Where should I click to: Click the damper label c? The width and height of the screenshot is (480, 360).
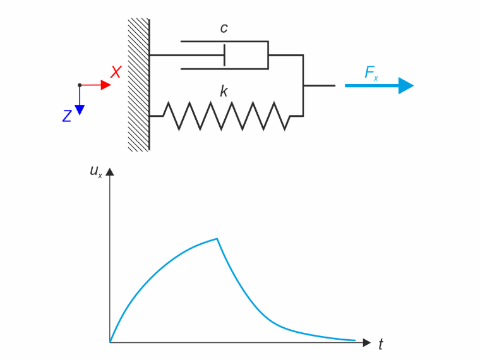224,28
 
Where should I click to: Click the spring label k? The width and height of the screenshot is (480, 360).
224,91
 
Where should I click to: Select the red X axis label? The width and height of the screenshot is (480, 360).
116,72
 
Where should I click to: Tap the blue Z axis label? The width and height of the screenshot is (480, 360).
67,116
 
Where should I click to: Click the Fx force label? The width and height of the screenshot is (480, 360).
371,73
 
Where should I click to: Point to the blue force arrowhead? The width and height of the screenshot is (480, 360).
406,86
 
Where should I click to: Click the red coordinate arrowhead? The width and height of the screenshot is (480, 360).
105,85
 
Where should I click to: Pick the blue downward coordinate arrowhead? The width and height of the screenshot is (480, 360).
80,110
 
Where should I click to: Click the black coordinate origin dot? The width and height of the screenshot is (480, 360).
80,85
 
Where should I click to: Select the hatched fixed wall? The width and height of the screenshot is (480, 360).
139,85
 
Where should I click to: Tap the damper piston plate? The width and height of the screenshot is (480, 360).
225,55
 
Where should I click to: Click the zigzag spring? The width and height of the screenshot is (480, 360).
227,116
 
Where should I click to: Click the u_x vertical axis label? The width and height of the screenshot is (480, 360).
96,171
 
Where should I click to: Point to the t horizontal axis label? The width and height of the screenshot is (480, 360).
380,344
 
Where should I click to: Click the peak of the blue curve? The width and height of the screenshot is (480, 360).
217,239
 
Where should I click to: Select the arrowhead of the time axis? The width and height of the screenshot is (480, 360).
367,342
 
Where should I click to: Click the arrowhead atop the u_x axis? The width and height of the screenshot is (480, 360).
110,172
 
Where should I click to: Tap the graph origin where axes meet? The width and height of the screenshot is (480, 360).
110,342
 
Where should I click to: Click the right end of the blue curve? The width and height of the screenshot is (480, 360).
355,340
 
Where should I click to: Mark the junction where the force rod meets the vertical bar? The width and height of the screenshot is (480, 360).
303,86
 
